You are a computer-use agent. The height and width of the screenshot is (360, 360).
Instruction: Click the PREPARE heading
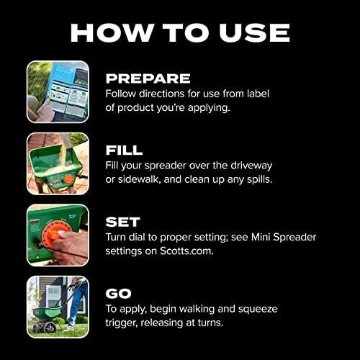[148, 78]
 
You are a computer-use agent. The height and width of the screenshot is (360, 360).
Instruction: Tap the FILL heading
[124, 150]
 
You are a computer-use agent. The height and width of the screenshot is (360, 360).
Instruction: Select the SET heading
[122, 222]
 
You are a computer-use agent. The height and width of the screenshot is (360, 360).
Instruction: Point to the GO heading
[118, 293]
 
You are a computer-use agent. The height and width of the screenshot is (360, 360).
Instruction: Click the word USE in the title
[254, 32]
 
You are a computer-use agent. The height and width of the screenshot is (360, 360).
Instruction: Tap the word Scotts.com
[186, 251]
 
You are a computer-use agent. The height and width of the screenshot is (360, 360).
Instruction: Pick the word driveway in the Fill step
[251, 166]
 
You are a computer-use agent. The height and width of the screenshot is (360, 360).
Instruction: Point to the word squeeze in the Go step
[258, 309]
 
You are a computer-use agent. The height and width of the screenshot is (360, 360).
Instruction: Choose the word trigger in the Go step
[122, 323]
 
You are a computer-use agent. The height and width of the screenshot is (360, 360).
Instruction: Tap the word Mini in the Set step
[261, 237]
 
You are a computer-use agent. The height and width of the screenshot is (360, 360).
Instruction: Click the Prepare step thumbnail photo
[58, 92]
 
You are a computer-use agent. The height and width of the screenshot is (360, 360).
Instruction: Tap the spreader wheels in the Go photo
[45, 328]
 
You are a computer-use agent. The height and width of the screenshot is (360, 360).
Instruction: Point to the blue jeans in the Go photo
[76, 305]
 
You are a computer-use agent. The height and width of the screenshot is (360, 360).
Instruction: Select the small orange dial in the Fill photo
[69, 179]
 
